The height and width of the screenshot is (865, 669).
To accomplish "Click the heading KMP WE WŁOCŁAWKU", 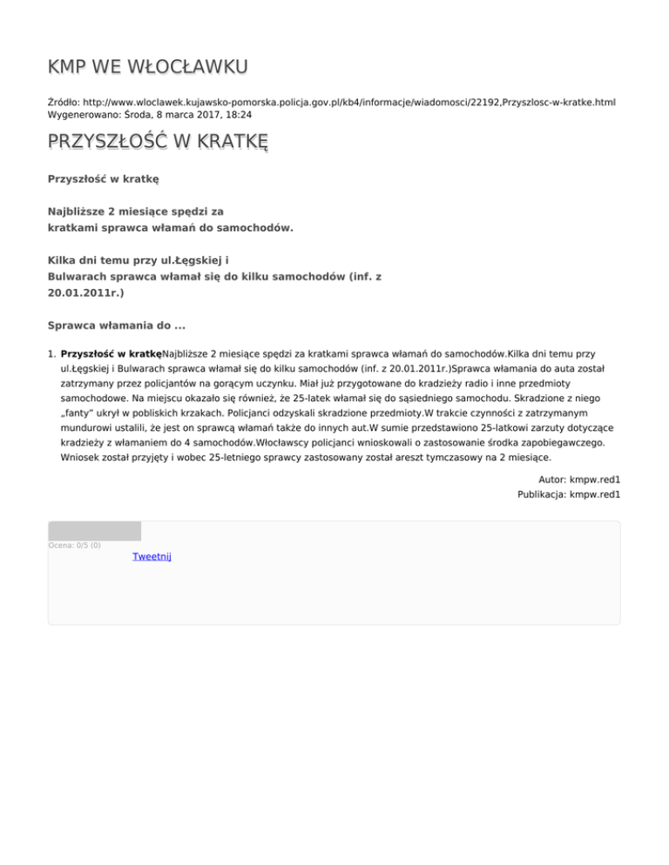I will tap(148, 67).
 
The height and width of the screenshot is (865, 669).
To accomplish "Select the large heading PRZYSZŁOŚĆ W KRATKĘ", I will tap(158, 142).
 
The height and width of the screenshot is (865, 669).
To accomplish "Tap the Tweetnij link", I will tap(152, 556).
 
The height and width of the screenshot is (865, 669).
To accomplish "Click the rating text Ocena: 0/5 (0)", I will tap(74, 546).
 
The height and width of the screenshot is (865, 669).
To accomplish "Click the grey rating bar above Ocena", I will tap(94, 531).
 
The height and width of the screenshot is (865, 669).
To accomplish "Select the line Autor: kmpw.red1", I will tap(567, 479).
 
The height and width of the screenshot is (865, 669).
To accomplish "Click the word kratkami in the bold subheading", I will tap(74, 229).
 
